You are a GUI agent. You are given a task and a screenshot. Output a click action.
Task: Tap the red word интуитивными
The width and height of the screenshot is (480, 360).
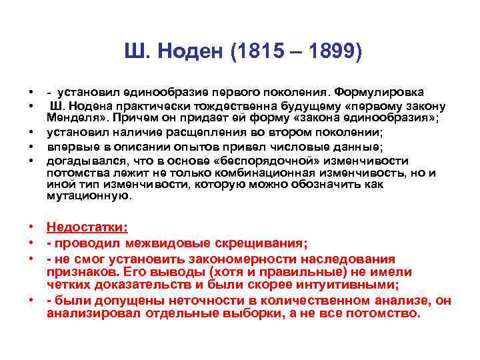click(x=347, y=285)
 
